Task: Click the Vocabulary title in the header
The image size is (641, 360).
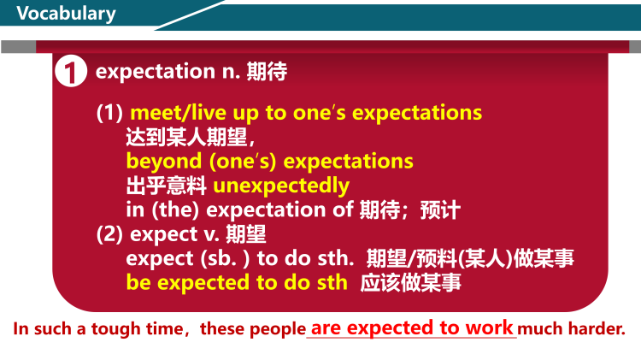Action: tap(66, 14)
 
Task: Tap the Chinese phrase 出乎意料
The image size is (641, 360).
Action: tap(166, 185)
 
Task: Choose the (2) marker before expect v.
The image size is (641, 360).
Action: tap(109, 233)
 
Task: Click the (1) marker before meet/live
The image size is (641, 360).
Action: tap(109, 113)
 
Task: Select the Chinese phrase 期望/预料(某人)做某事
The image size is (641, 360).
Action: tap(470, 257)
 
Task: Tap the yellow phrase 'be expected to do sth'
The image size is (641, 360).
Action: tap(237, 282)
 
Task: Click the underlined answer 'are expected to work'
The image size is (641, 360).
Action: tap(411, 328)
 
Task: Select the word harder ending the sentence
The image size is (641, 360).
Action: tap(597, 329)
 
